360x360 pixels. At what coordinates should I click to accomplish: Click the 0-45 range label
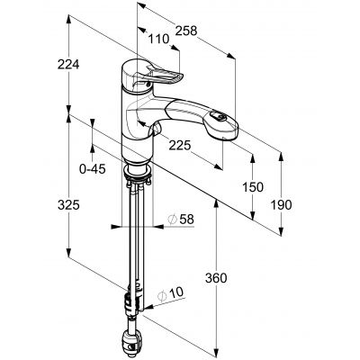pos(93,166)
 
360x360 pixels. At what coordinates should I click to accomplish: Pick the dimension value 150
pos(254,187)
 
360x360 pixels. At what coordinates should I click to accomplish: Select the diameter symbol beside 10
pos(163,295)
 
